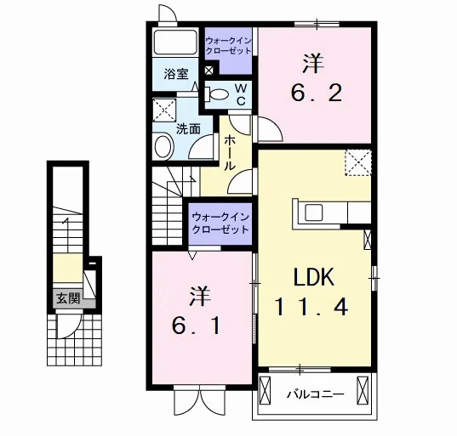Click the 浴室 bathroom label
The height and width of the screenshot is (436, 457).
[176, 74]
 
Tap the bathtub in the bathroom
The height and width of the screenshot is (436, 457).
[174, 42]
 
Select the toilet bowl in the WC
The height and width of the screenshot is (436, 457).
[217, 94]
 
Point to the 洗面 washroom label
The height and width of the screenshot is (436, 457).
[188, 128]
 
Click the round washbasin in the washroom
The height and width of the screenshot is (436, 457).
[164, 146]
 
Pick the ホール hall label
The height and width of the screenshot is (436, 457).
[230, 153]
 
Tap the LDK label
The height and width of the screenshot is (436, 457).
[314, 277]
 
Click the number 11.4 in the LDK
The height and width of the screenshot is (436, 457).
[311, 308]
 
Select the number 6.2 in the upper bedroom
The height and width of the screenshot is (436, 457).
[317, 93]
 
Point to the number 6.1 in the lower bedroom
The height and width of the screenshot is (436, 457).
[196, 326]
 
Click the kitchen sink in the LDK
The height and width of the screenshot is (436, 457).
[314, 212]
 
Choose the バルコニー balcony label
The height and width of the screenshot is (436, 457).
[316, 394]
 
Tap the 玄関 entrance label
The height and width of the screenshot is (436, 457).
[68, 298]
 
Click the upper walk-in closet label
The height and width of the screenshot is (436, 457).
[228, 45]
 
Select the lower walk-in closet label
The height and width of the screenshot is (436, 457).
[220, 224]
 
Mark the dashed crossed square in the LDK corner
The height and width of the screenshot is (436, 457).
[358, 162]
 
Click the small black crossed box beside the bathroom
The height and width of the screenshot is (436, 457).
[209, 71]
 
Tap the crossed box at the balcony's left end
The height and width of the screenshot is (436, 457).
[265, 390]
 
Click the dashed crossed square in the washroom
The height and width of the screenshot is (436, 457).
[164, 110]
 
